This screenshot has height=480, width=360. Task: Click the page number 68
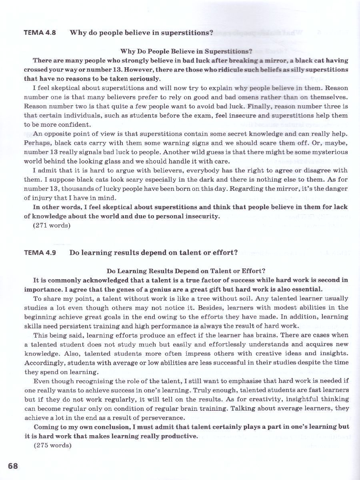[x=13, y=466]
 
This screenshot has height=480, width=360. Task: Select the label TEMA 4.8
[x=40, y=33]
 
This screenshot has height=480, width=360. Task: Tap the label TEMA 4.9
[x=40, y=252]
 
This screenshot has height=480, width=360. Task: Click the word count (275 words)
[x=52, y=445]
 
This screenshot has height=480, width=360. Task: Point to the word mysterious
[x=326, y=152]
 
